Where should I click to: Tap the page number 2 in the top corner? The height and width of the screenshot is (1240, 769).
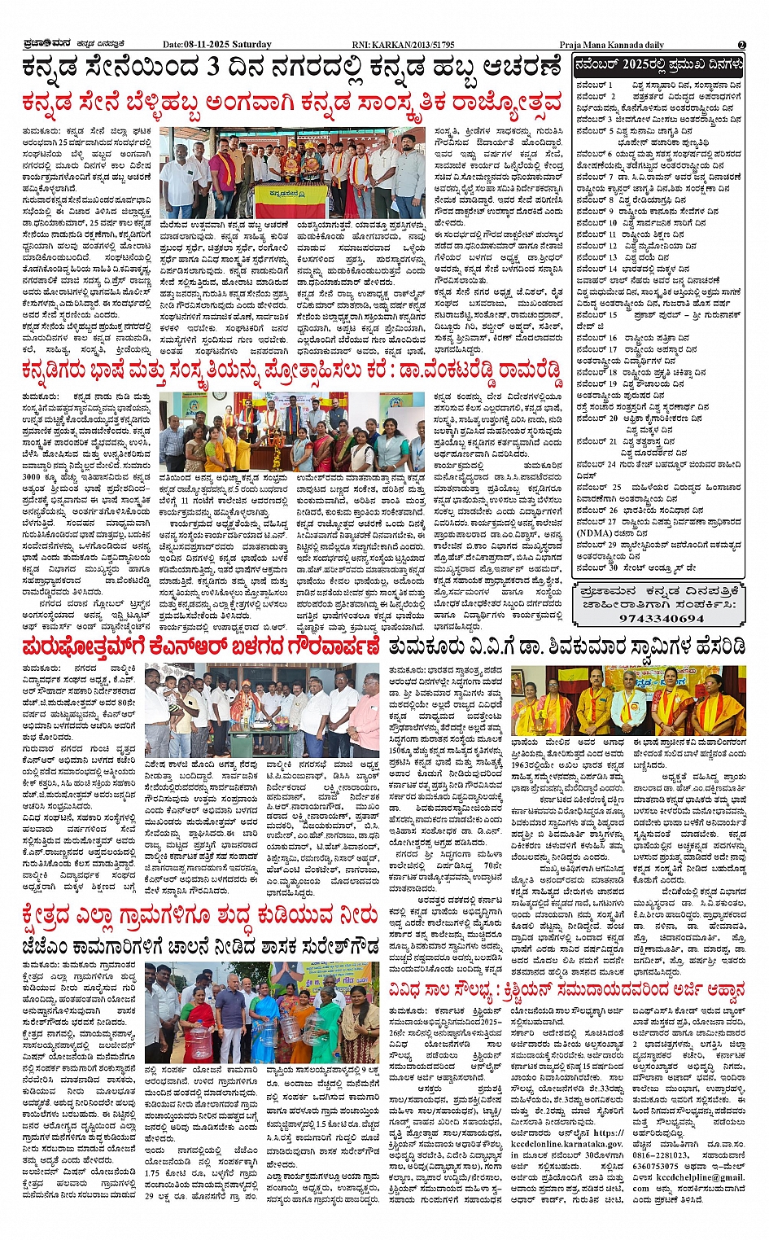click(x=741, y=45)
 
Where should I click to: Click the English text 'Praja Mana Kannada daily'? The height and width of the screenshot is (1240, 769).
click(x=612, y=45)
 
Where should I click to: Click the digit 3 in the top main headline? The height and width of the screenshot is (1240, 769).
click(x=214, y=68)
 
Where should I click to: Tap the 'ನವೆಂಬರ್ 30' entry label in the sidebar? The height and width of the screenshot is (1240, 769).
click(x=596, y=567)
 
